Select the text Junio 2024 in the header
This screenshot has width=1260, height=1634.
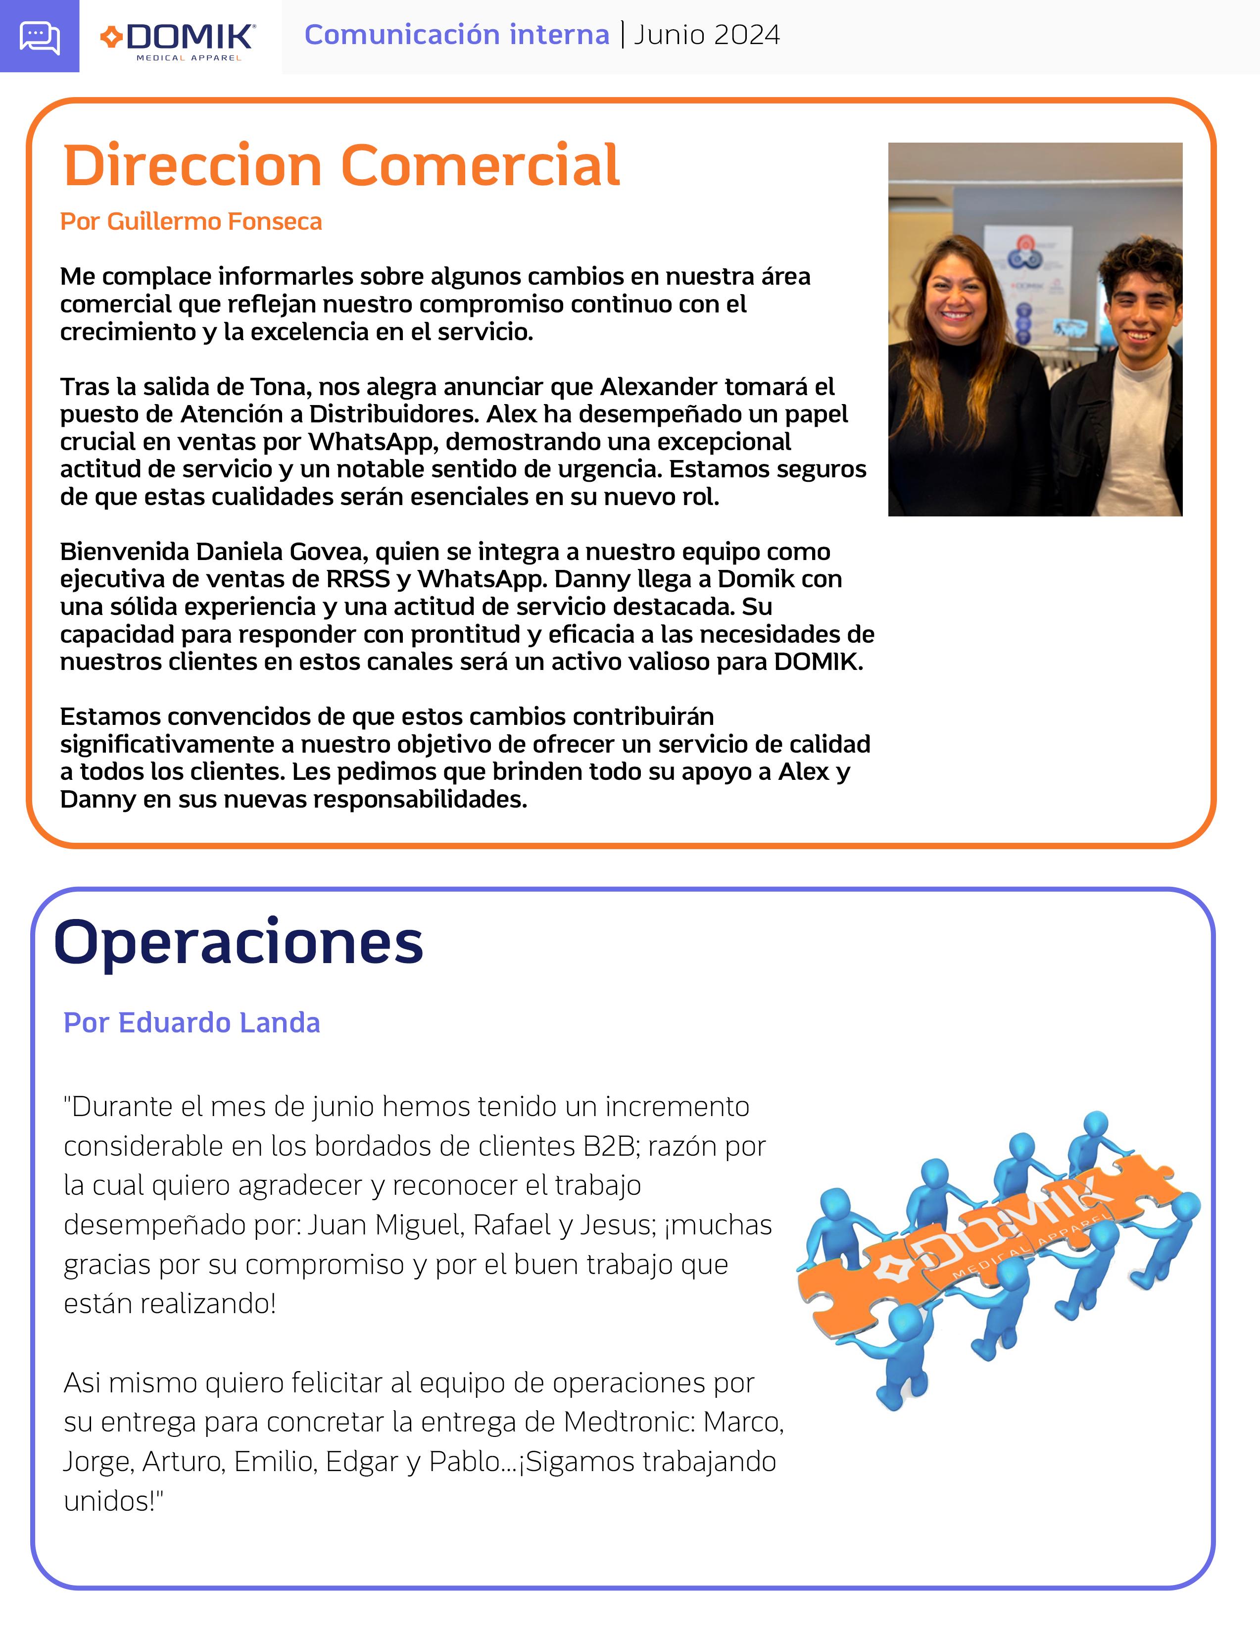point(707,35)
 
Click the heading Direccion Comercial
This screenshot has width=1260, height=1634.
point(342,165)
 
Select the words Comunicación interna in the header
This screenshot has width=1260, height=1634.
point(457,35)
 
